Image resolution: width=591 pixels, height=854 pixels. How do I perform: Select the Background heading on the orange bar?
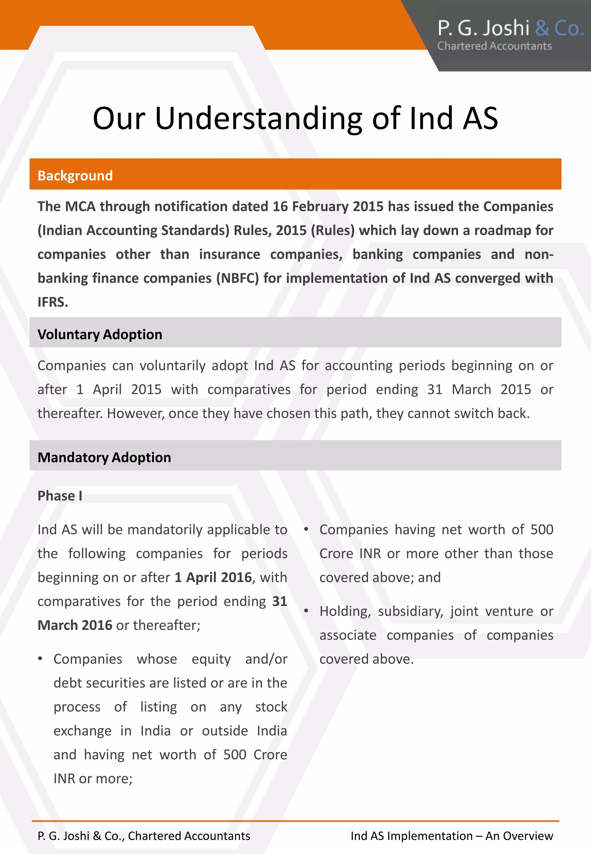point(75,175)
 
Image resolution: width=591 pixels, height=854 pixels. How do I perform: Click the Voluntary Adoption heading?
point(100,335)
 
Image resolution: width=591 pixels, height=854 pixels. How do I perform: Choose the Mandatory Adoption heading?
point(104,457)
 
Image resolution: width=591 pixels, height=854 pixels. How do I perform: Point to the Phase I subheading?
point(60,496)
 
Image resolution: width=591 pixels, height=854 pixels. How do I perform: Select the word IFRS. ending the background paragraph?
point(53,302)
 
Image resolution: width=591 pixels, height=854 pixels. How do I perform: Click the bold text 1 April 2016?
point(213,577)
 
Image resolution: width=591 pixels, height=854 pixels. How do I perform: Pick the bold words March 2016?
point(75,625)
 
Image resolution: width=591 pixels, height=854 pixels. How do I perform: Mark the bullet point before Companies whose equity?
point(40,659)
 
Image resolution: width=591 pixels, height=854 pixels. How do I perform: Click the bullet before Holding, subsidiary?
point(306,611)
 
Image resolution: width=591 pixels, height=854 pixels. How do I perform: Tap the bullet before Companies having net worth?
point(306,530)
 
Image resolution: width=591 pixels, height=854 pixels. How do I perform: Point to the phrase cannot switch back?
point(468,413)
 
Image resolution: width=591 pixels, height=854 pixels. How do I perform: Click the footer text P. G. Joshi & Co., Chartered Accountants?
point(144,836)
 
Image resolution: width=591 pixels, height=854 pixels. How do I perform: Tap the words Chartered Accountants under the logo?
point(494,46)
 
